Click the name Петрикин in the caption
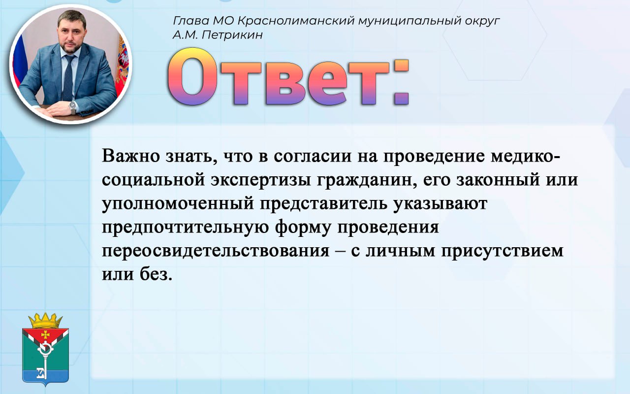point(232,35)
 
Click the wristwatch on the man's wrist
point(73,107)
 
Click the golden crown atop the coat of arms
point(45,320)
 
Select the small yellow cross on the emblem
point(45,334)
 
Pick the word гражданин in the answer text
point(365,180)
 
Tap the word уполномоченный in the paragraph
point(178,203)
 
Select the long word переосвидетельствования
point(216,251)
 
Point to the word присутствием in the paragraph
point(503,251)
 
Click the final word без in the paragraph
point(156,274)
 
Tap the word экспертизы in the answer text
point(261,180)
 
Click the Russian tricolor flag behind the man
point(20,60)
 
